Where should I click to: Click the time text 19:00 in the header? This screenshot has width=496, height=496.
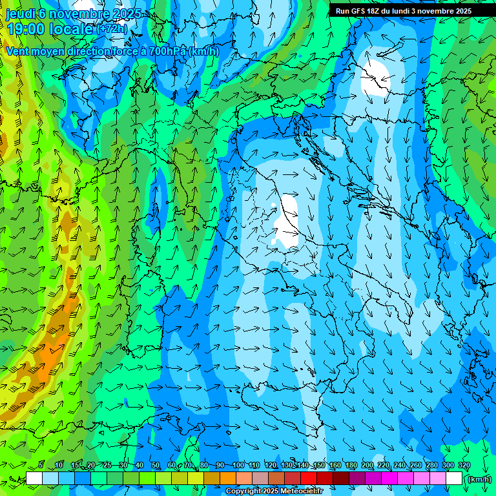[x=26, y=28]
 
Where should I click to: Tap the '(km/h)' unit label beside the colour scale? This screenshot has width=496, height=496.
[x=479, y=479]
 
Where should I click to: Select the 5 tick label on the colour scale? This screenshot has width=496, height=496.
[x=41, y=465]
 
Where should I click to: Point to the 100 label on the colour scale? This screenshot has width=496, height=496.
[x=238, y=465]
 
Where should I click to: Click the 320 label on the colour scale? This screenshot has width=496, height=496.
[x=464, y=465]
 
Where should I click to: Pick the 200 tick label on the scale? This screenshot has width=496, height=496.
[x=367, y=465]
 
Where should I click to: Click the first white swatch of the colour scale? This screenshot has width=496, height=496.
[x=34, y=479]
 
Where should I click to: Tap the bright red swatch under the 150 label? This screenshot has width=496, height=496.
[x=309, y=479]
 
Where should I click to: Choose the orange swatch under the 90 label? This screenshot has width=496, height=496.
[x=228, y=479]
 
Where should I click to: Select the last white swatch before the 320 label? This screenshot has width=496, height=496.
[x=454, y=479]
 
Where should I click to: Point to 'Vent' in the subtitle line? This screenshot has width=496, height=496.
[x=18, y=51]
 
